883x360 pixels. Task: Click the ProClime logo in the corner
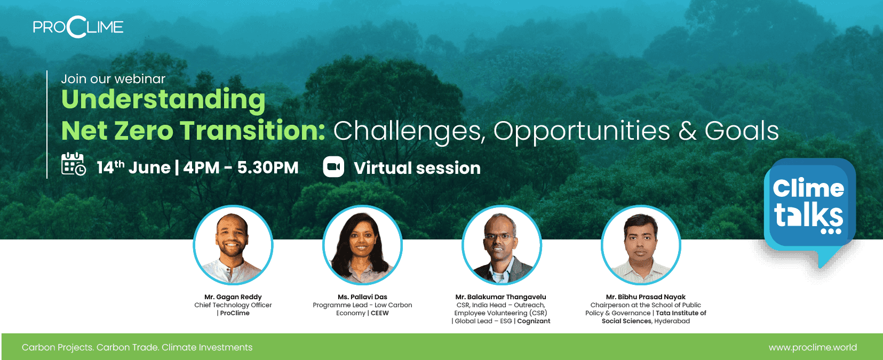(78, 27)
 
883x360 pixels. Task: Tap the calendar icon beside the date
(73, 164)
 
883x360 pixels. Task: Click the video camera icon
(333, 166)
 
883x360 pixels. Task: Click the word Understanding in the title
(164, 99)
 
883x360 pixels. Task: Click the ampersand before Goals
(688, 131)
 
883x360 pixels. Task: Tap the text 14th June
(133, 167)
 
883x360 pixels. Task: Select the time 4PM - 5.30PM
(241, 167)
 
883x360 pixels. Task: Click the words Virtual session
(417, 168)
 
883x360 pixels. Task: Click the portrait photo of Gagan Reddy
(233, 245)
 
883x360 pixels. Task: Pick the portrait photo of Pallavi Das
(362, 245)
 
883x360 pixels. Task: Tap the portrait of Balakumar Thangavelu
(502, 245)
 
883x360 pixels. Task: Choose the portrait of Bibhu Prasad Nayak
(641, 245)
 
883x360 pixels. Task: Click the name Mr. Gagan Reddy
(233, 297)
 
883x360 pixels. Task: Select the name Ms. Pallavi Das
(362, 297)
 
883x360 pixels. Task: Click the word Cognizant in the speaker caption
(534, 321)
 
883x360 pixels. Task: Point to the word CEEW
(380, 313)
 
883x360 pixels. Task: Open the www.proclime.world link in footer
(813, 347)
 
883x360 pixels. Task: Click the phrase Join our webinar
(113, 79)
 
